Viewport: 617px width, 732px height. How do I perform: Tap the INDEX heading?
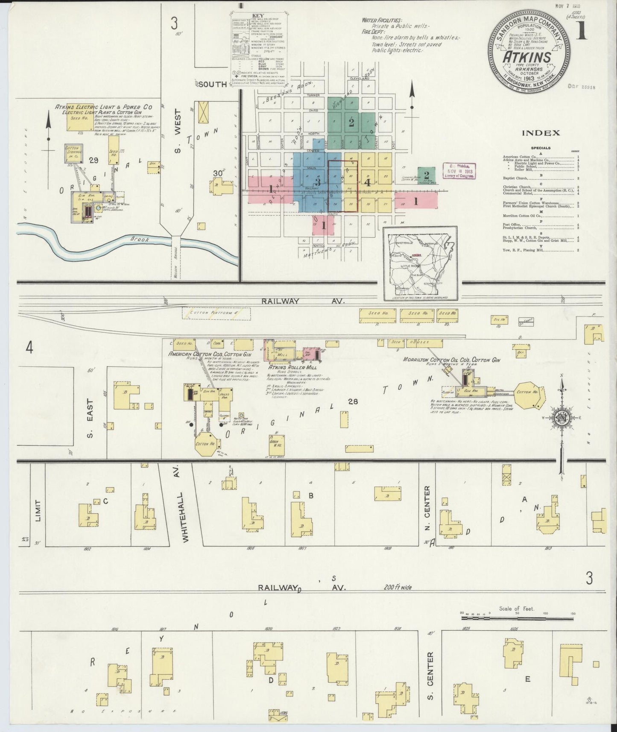click(541, 133)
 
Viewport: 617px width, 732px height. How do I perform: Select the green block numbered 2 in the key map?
click(351, 123)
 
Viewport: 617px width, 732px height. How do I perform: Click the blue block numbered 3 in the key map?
click(317, 181)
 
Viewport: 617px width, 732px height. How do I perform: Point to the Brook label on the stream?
click(140, 240)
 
